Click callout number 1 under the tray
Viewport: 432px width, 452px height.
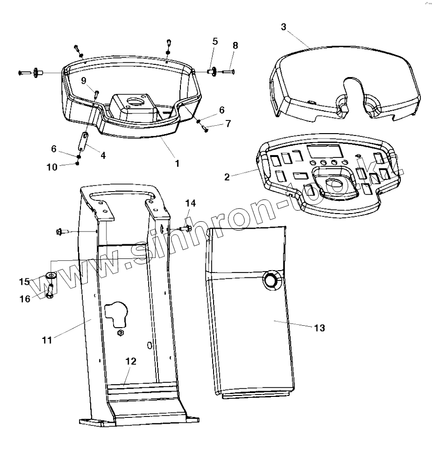pyautogui.click(x=177, y=164)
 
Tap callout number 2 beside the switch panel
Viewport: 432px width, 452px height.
pyautogui.click(x=227, y=177)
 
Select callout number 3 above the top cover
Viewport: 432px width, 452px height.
pyautogui.click(x=284, y=27)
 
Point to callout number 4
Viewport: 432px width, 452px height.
pyautogui.click(x=103, y=155)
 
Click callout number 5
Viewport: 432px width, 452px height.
pyautogui.click(x=215, y=41)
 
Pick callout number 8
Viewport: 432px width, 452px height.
pyautogui.click(x=236, y=45)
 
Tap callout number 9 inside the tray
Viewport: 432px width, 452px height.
pyautogui.click(x=83, y=80)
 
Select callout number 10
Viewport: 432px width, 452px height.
pyautogui.click(x=52, y=167)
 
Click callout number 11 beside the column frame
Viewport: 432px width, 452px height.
pyautogui.click(x=47, y=340)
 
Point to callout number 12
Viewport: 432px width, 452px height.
pyautogui.click(x=131, y=361)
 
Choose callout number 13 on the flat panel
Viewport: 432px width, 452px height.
pyautogui.click(x=318, y=328)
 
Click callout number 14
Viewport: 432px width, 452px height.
pyautogui.click(x=191, y=203)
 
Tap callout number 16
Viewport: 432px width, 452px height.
pyautogui.click(x=25, y=298)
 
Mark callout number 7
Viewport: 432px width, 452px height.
pyautogui.click(x=227, y=124)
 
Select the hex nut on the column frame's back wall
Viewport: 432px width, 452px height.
pyautogui.click(x=120, y=333)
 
